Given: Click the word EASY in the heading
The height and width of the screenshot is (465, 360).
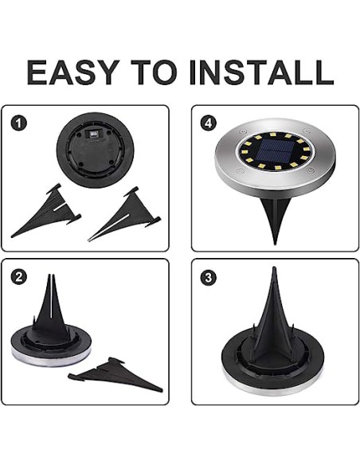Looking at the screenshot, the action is coord(73,72).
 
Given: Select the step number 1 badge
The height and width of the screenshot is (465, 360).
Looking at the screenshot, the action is coord(18,123).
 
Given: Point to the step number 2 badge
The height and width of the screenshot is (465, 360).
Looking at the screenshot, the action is coord(18,277).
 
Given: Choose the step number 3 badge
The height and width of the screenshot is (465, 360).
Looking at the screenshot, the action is coord(209,278).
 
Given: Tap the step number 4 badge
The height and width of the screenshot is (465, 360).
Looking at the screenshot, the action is coord(209,123).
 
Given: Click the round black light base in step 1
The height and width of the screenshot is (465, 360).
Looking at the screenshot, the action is coord(96,150).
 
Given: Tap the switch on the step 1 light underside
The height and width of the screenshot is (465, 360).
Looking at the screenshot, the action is coord(94,134).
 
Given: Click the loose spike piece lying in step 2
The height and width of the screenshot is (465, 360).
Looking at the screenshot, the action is coord(115,374).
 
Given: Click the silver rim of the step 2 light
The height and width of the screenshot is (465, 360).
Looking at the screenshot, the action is coord(50,359).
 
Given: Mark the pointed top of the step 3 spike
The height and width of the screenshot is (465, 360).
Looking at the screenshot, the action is coord(274,268).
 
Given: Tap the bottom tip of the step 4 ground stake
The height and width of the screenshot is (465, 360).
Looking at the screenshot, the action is coord(275,244).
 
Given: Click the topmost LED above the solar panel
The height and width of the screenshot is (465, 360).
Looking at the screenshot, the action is coord(273,135).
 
